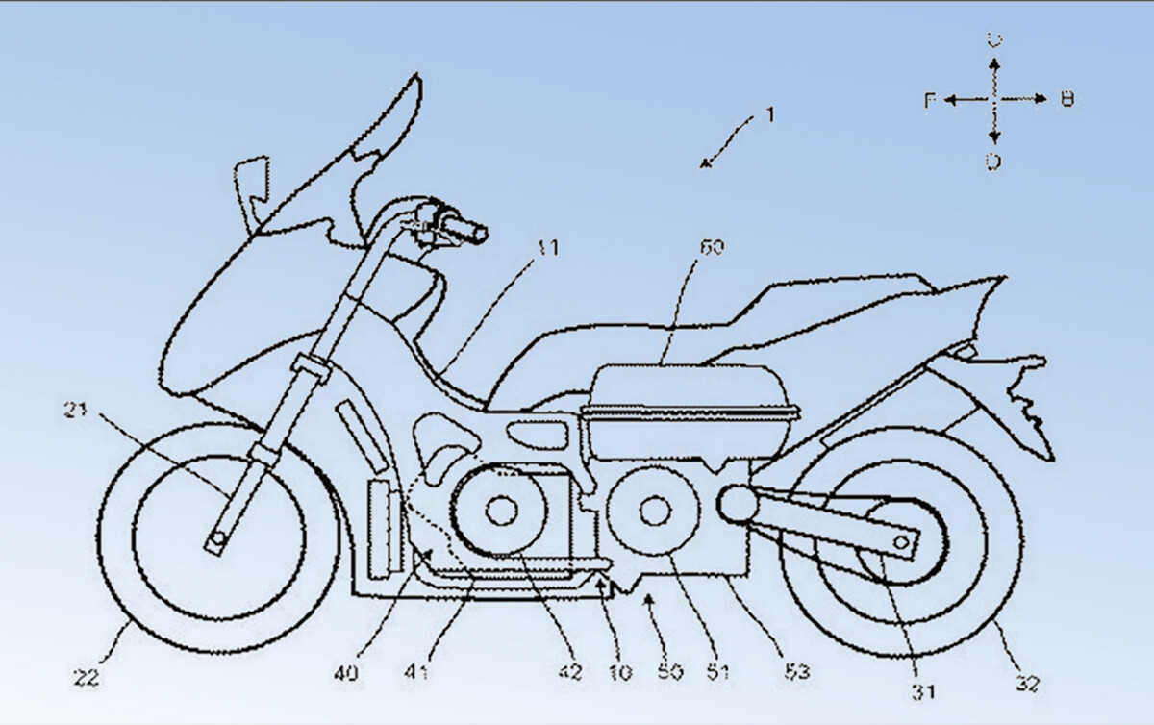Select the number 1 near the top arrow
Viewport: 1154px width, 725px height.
click(769, 115)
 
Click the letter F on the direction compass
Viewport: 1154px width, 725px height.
click(930, 100)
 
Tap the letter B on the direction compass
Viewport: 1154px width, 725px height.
click(1066, 99)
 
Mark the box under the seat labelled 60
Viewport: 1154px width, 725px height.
click(690, 394)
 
